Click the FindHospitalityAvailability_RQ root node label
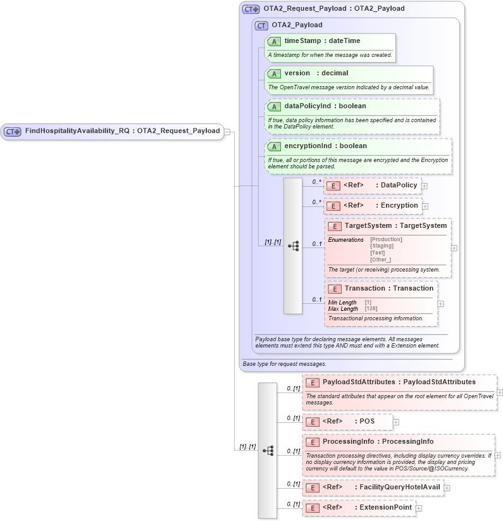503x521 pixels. pyautogui.click(x=122, y=131)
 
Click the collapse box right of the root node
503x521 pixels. pyautogui.click(x=227, y=132)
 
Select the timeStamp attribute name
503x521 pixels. pyautogui.click(x=300, y=41)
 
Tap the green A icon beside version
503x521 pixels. pyautogui.click(x=274, y=73)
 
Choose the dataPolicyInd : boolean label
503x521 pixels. pyautogui.click(x=325, y=106)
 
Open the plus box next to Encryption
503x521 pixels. pyautogui.click(x=425, y=206)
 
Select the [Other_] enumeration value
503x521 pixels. pyautogui.click(x=380, y=260)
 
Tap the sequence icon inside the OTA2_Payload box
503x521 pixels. pyautogui.click(x=293, y=246)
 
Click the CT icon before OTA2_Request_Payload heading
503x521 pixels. pyautogui.click(x=251, y=9)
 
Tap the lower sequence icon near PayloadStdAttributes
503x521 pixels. pyautogui.click(x=268, y=450)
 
